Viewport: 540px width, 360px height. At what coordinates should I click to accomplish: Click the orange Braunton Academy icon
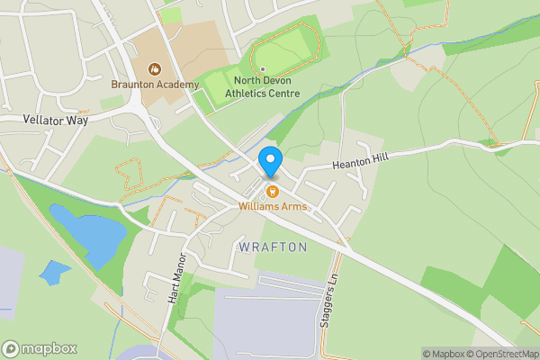155,68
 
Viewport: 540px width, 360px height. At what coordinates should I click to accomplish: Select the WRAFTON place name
273,247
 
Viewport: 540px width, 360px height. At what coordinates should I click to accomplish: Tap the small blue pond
54,272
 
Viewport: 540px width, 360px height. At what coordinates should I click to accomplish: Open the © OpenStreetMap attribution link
502,354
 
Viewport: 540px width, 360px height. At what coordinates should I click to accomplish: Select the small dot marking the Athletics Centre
261,68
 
